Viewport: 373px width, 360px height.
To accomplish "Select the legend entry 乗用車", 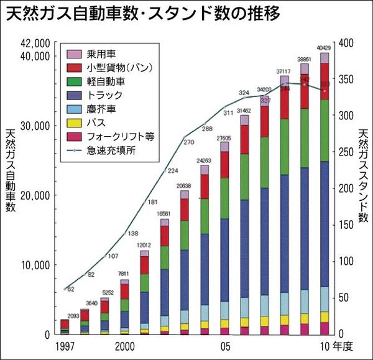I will [x=100, y=55].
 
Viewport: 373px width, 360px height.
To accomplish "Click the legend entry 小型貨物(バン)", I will [x=118, y=68].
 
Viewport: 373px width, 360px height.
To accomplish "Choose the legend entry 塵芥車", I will [x=100, y=108].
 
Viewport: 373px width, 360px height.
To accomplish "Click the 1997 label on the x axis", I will [x=65, y=346].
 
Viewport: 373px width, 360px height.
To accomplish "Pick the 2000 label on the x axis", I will [x=125, y=346].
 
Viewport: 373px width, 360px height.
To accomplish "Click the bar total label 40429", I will [x=324, y=47].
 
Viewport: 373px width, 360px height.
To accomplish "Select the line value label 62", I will [x=70, y=289].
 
